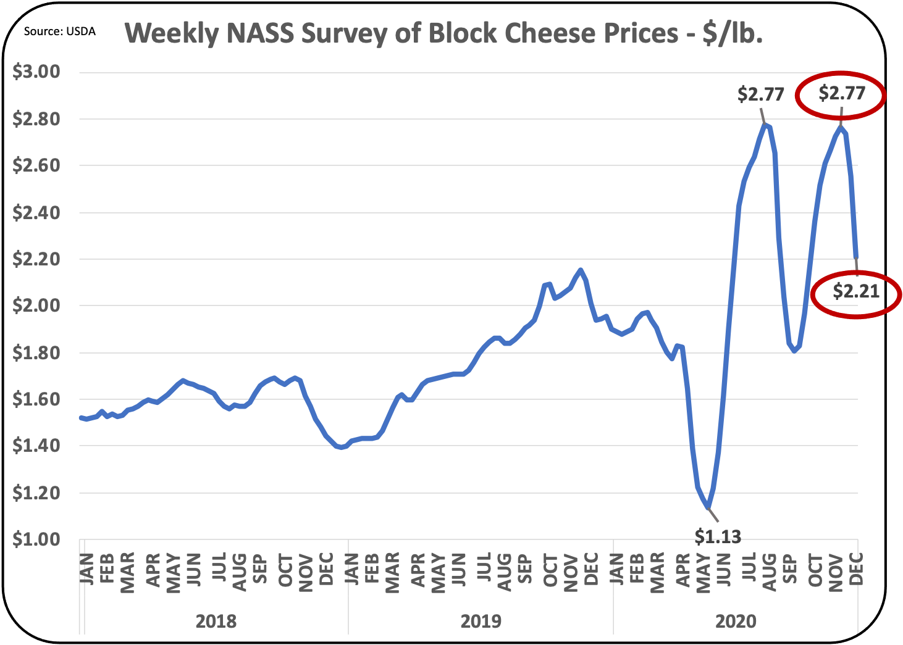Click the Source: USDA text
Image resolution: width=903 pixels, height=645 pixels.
click(60, 31)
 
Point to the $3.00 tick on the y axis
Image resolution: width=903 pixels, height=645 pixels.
click(36, 72)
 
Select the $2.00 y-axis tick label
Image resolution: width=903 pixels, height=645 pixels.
click(36, 306)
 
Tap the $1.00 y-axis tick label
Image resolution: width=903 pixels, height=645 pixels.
click(36, 539)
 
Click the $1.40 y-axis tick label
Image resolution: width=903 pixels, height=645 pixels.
click(36, 446)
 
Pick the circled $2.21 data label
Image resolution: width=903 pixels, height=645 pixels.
click(855, 291)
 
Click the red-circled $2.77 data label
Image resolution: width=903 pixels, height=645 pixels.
click(842, 93)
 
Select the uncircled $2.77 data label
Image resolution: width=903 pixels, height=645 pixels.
click(760, 94)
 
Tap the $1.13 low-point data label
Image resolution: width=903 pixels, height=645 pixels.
click(717, 536)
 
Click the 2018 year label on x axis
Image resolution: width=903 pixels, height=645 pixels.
click(216, 621)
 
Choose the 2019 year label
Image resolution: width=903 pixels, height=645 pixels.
click(481, 621)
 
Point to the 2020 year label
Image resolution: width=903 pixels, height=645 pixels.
click(736, 621)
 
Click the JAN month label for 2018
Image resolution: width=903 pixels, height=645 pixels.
click(87, 569)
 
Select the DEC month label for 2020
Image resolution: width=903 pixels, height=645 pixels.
click(857, 569)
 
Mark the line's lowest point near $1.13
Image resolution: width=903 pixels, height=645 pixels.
click(708, 508)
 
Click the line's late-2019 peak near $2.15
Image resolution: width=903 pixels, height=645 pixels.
click(580, 270)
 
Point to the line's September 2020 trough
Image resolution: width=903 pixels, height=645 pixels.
click(794, 351)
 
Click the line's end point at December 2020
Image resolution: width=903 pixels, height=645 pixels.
click(856, 257)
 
